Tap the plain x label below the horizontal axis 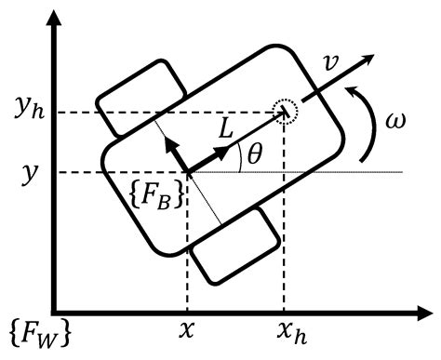pos(188,331)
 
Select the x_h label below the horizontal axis pos(286,332)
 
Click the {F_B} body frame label pos(159,199)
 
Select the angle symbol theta pos(254,157)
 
